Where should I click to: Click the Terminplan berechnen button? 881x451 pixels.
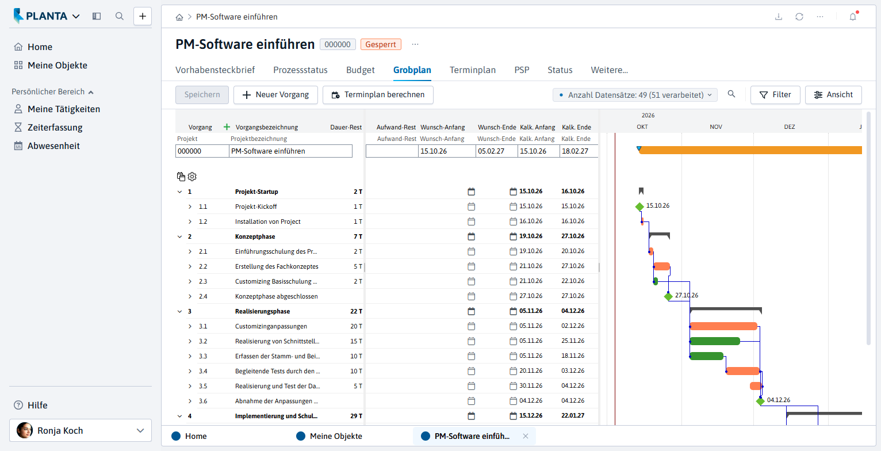(378, 95)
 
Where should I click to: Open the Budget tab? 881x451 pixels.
(360, 70)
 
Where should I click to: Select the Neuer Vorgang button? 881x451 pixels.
(275, 95)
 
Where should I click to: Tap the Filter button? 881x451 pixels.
(775, 95)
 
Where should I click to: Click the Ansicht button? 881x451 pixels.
(833, 95)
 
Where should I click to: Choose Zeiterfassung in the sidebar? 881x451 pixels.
(55, 128)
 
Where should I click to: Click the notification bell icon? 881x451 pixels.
(853, 17)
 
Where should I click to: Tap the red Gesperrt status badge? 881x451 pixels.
(381, 44)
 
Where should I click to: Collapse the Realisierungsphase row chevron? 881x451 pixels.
(180, 311)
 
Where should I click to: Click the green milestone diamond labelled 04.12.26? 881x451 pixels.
(760, 401)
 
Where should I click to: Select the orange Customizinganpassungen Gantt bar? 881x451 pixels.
(723, 326)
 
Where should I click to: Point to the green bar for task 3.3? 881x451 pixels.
(706, 356)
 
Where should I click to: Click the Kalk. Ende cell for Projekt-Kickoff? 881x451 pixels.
(573, 206)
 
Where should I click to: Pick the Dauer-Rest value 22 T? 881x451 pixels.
(356, 311)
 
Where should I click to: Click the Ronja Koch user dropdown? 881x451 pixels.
(81, 430)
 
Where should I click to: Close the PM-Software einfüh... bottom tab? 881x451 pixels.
(526, 436)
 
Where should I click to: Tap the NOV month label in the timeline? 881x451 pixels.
(716, 127)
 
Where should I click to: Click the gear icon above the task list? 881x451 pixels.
(192, 177)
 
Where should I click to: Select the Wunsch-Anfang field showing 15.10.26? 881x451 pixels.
(447, 151)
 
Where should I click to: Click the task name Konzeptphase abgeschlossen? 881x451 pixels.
(277, 296)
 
